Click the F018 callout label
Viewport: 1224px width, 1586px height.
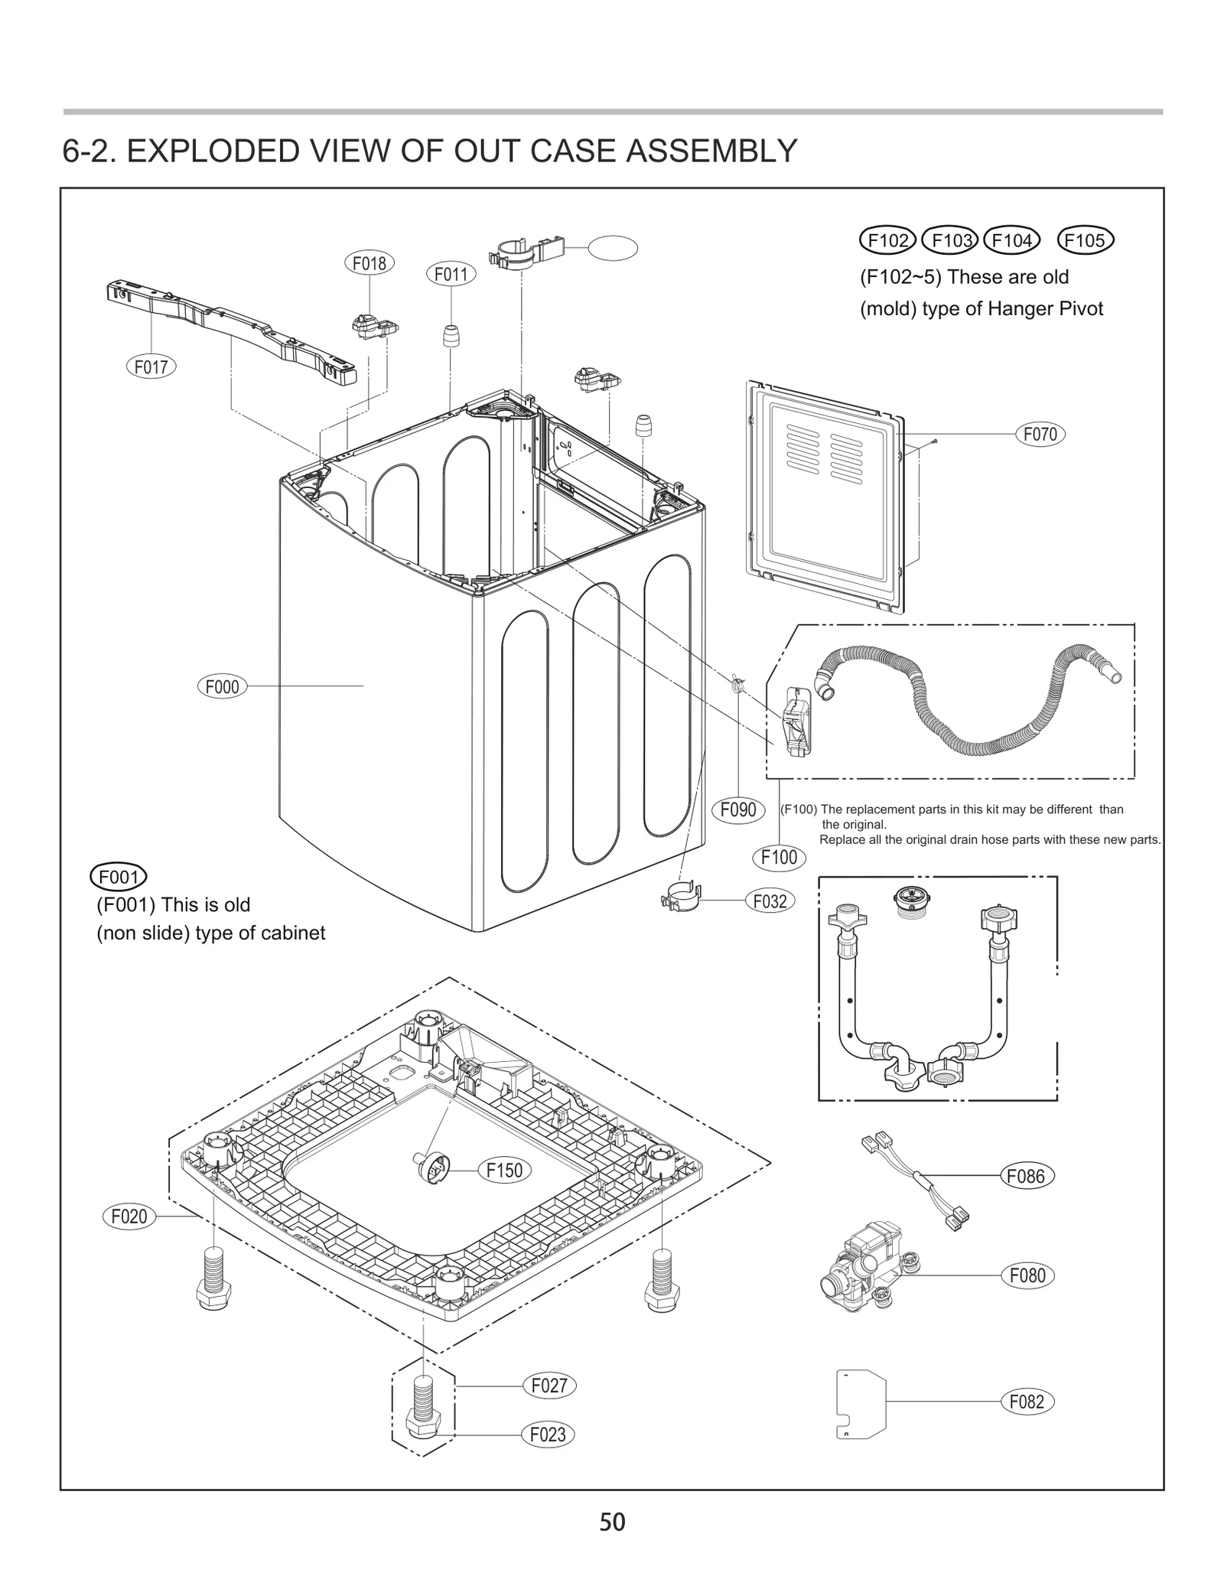[369, 263]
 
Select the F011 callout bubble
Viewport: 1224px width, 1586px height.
[451, 274]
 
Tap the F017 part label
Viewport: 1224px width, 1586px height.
[151, 366]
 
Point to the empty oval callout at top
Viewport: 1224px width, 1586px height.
[613, 247]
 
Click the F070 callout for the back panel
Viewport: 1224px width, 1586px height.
[1040, 435]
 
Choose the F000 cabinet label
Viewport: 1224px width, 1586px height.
[222, 686]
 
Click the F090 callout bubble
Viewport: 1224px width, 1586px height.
[738, 809]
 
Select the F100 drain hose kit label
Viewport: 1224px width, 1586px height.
[779, 857]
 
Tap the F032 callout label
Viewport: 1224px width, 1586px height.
[770, 901]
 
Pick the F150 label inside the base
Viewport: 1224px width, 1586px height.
[504, 1170]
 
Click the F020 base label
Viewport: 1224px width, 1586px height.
[129, 1216]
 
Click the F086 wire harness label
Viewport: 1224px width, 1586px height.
[1026, 1176]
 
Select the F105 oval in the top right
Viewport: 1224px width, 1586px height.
[1085, 240]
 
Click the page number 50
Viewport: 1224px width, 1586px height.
[612, 1522]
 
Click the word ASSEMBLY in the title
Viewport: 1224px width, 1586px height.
[711, 151]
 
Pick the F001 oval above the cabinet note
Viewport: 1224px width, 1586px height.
[119, 876]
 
